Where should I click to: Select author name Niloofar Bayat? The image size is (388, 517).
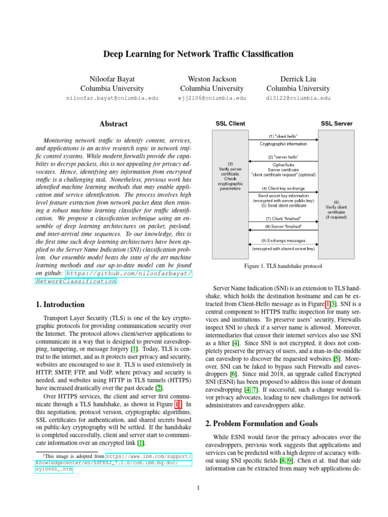point(113,79)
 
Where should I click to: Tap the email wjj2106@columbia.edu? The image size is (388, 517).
point(205,98)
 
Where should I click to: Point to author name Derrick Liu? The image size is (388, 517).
point(298,79)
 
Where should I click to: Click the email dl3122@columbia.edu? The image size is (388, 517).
point(298,98)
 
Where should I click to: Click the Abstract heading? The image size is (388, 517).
point(113,124)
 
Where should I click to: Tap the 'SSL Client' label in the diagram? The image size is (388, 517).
point(231,124)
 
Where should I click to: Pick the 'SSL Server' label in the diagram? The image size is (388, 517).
point(336,124)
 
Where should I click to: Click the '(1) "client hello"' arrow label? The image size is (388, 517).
point(283,136)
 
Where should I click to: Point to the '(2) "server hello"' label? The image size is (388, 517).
point(283,157)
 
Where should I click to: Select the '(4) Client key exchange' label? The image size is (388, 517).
point(283,188)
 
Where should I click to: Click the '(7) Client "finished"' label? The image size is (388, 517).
point(283,218)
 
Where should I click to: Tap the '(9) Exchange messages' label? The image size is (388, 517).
point(283,240)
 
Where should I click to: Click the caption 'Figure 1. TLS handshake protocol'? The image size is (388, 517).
point(283,266)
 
